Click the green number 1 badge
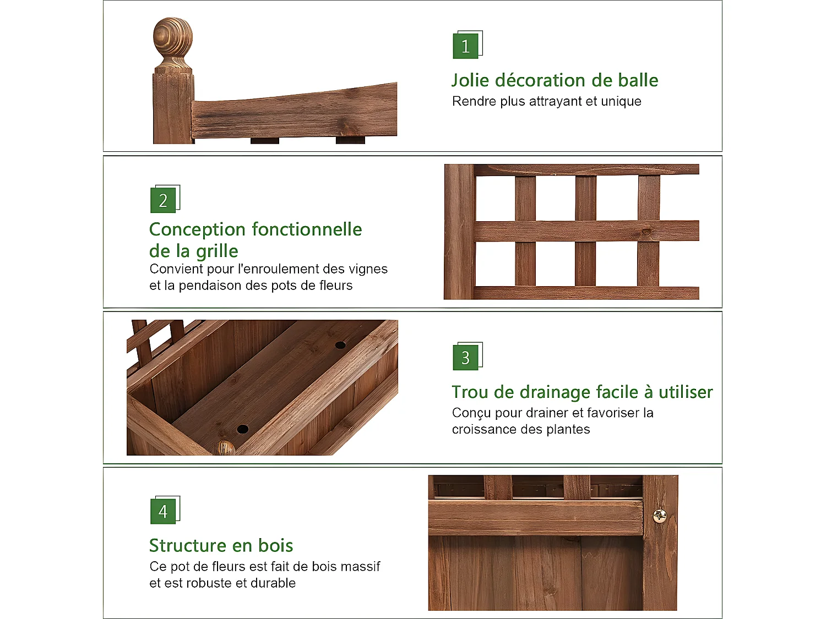465,46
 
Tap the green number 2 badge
163,201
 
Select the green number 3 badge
465,358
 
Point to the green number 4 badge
163,512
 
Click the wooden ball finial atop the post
173,38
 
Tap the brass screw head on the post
659,516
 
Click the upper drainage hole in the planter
340,345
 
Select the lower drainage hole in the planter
242,429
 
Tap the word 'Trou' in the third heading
470,392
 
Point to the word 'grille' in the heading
217,251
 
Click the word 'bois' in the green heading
275,546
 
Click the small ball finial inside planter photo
224,448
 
